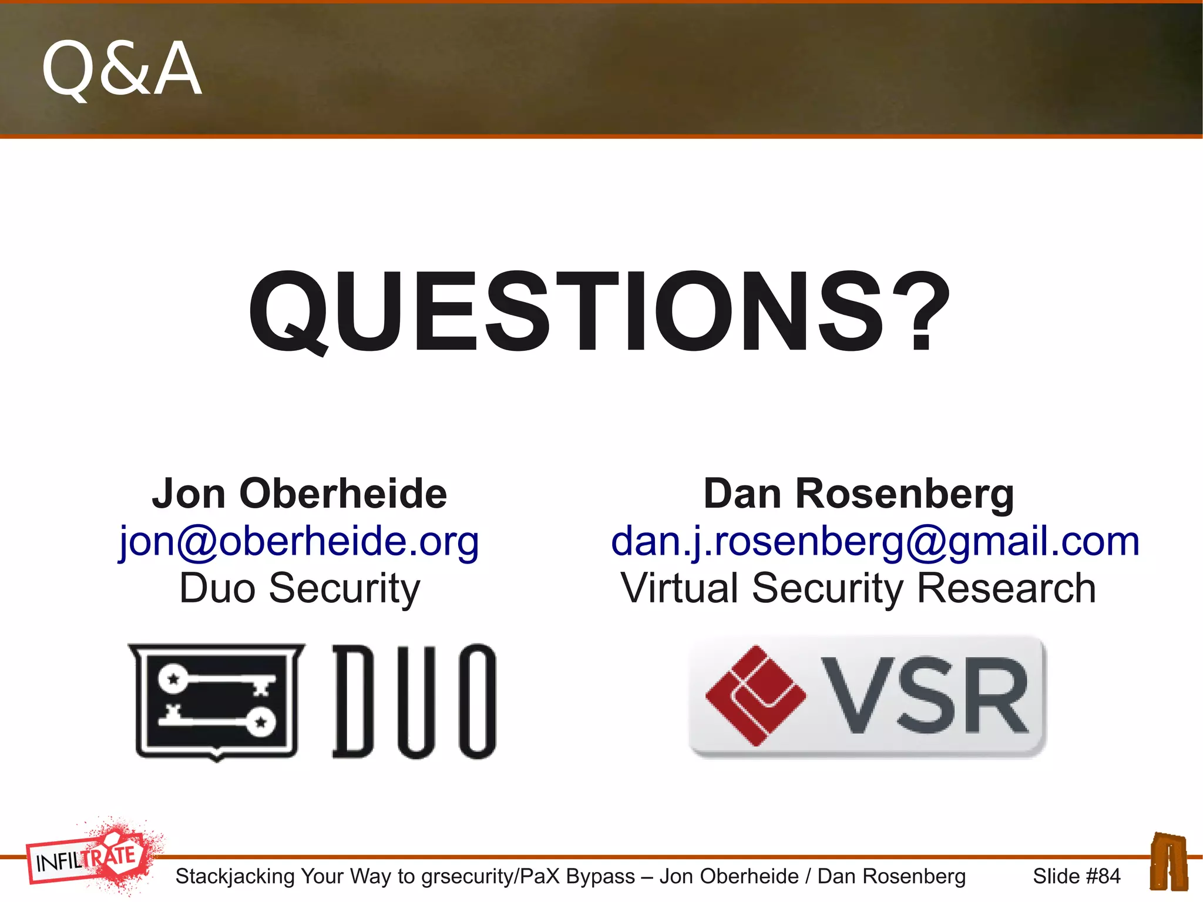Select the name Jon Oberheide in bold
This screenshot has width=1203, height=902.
point(300,494)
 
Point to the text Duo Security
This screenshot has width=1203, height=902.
point(300,588)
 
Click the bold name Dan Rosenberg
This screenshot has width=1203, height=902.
point(859,494)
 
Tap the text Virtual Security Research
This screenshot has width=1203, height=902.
point(859,588)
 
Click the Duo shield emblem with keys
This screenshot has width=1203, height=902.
point(217,701)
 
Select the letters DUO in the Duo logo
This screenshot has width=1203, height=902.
point(415,701)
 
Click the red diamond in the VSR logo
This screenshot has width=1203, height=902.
point(755,696)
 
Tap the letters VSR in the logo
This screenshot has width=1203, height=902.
point(925,696)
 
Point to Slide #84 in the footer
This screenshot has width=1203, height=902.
point(1076,876)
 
